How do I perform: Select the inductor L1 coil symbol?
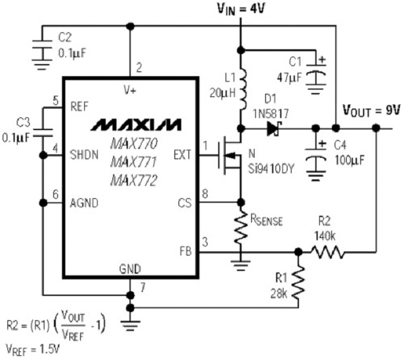click(x=240, y=84)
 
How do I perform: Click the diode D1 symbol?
click(x=273, y=128)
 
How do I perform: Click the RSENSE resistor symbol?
click(x=241, y=229)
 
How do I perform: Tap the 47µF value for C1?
click(x=291, y=75)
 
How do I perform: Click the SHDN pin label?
click(x=87, y=155)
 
